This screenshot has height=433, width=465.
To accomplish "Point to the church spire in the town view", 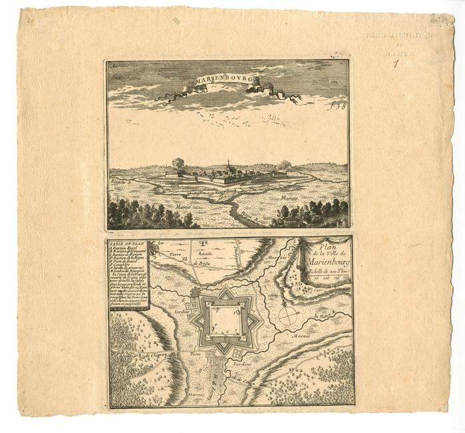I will (x=228, y=162).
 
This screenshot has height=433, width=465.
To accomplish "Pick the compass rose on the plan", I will (x=287, y=315).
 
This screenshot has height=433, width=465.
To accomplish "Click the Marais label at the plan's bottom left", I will (x=195, y=394).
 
